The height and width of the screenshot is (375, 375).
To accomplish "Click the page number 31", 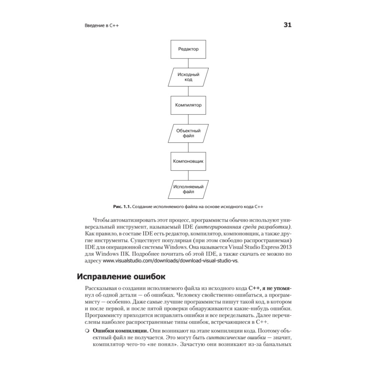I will point(287,25).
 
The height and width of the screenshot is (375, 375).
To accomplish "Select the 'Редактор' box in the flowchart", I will point(188,49).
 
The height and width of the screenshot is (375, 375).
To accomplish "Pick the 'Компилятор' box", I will point(188,105).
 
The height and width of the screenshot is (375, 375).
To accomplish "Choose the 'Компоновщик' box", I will point(188,161).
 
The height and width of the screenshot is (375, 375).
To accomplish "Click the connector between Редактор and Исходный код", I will point(188,63).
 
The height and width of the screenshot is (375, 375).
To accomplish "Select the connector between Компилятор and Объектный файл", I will point(188,119).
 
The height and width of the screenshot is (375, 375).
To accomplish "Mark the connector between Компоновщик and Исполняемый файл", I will point(188,175).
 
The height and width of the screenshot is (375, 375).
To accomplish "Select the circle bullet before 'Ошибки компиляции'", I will point(87,331).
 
